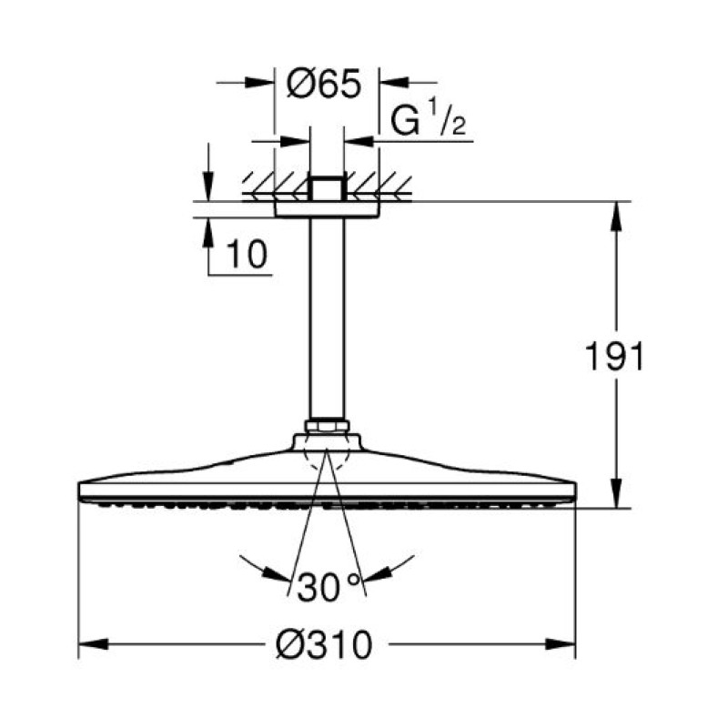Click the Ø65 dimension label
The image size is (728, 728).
[x=324, y=84]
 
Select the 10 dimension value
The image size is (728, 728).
[x=247, y=255]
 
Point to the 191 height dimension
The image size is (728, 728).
[x=615, y=356]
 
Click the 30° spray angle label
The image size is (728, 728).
[x=329, y=587]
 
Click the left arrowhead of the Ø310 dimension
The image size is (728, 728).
[x=94, y=644]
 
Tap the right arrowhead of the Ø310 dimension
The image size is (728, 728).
[x=561, y=644]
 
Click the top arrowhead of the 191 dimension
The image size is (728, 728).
[x=616, y=217]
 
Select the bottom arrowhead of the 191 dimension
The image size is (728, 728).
[x=616, y=493]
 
